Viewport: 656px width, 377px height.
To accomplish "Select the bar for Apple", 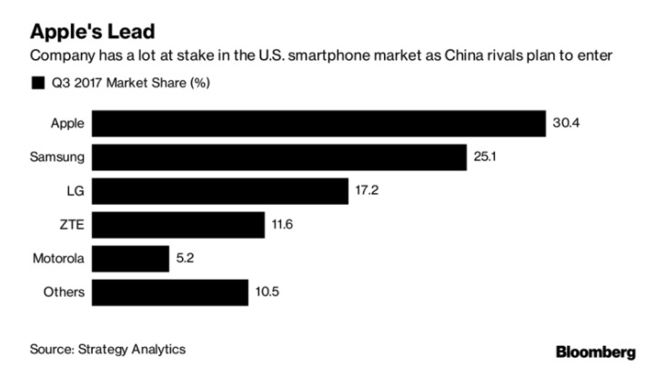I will coord(318,123).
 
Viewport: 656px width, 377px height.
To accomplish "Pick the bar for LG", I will coord(220,190).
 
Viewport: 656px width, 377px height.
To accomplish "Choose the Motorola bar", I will coord(131,259).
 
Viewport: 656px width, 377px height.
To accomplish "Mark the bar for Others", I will coord(170,292).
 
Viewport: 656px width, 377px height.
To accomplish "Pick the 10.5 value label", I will coord(267,292).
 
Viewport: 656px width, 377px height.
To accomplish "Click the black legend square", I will coord(37,84).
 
